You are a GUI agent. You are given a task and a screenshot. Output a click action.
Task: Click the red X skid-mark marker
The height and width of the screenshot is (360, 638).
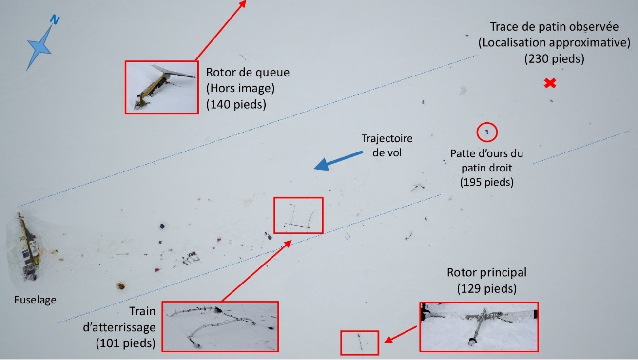coord(550,83)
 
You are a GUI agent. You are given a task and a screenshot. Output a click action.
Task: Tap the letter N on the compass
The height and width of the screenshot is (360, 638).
coord(55,20)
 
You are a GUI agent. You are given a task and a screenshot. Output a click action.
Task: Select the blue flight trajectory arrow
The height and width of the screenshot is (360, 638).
coord(338,161)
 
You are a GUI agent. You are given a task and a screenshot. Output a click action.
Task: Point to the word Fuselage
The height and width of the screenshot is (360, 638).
coord(35,300)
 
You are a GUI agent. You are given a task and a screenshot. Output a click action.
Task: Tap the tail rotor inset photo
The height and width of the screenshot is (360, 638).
coord(162,87)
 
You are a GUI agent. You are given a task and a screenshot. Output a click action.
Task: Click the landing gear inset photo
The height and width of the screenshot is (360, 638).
coord(220,326)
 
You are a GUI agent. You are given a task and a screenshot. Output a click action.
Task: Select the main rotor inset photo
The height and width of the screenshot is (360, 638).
coord(479,327)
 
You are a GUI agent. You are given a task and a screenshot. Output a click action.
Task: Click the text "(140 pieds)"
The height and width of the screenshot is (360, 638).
coord(236,104)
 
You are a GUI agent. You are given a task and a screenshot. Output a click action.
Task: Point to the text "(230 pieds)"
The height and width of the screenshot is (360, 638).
coord(554,59)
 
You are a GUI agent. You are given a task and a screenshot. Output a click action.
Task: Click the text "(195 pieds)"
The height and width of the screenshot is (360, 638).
coord(487,182)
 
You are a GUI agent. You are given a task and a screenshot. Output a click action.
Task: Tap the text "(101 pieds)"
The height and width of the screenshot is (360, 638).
coord(126,343)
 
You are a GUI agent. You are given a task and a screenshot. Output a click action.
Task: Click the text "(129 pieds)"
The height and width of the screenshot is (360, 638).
coord(487,288)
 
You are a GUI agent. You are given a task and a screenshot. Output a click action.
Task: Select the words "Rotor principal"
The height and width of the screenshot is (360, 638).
coord(487,273)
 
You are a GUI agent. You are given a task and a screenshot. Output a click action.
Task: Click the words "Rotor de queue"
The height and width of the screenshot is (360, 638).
coord(248,72)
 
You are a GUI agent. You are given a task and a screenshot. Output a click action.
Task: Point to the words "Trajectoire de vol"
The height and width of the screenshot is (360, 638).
coord(387,146)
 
